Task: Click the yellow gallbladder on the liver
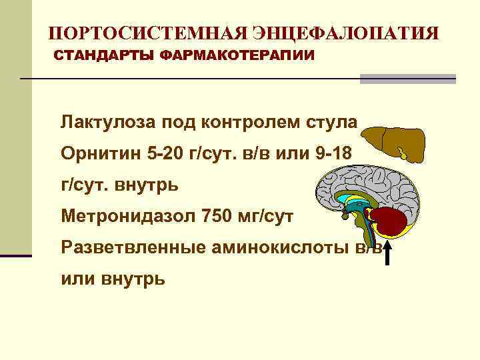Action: pos(405,153)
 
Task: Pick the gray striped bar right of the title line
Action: pos(407,79)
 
